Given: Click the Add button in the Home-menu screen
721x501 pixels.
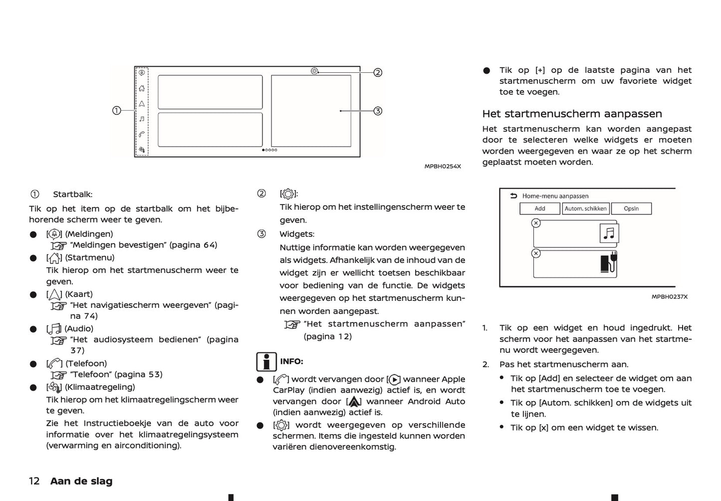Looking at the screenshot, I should tap(539, 209).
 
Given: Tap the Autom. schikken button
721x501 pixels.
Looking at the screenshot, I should tap(585, 209).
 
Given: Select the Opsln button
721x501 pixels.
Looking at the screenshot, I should tap(631, 209).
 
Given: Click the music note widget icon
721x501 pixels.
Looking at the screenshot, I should tap(609, 233).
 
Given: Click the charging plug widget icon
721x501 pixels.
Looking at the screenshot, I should tap(609, 262).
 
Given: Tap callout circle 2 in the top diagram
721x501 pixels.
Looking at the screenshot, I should tap(378, 72).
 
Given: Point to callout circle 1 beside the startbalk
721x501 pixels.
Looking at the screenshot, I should tap(116, 110).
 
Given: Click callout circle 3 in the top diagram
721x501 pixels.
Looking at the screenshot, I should tap(378, 111).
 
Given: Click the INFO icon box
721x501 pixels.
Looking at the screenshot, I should tap(266, 362).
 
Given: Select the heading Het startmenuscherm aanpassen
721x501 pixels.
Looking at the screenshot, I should tap(572, 114).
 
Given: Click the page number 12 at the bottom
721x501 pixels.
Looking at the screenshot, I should tap(34, 481).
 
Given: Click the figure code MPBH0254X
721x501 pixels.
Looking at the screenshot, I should tap(443, 166).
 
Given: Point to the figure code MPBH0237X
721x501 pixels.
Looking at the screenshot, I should tap(669, 297).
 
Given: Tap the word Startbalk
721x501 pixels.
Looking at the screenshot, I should tap(73, 195).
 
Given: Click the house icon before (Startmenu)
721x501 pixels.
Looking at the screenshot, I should tap(54, 258).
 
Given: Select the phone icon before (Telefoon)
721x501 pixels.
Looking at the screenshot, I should tap(54, 364).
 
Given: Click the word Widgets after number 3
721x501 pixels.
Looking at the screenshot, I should tap(296, 234).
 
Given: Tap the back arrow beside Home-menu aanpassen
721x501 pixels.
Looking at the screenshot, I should tap(513, 196).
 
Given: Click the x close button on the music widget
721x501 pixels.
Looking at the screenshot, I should tap(536, 223).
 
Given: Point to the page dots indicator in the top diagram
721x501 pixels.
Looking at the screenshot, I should tap(269, 150).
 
